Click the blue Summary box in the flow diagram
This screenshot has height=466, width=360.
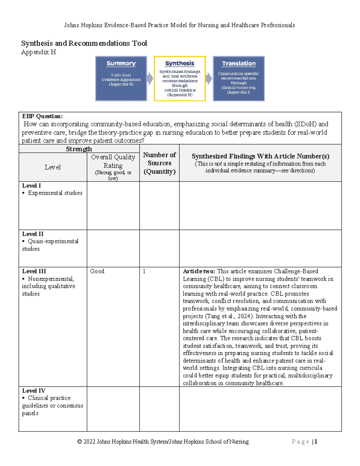pyautogui.click(x=121, y=78)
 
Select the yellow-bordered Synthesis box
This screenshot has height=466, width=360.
pyautogui.click(x=180, y=78)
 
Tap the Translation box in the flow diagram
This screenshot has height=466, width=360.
pyautogui.click(x=238, y=78)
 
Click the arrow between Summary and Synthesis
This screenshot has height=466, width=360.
pyautogui.click(x=150, y=79)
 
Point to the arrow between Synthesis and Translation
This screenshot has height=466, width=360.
pyautogui.click(x=209, y=79)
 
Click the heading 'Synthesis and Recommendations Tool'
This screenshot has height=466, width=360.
pyautogui.click(x=84, y=43)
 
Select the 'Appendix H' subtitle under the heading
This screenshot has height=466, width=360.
pyautogui.click(x=38, y=52)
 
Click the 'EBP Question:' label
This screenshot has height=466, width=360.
pyautogui.click(x=42, y=116)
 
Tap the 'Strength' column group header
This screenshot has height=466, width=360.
pyautogui.click(x=79, y=149)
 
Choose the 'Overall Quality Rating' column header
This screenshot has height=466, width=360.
pyautogui.click(x=113, y=161)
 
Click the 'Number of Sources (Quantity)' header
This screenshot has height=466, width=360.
pyautogui.click(x=159, y=163)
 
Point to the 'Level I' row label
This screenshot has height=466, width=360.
pyautogui.click(x=31, y=186)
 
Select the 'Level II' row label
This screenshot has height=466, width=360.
pyautogui.click(x=33, y=234)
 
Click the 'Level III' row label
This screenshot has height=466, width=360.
pyautogui.click(x=34, y=271)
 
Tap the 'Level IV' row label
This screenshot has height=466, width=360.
pyautogui.click(x=34, y=391)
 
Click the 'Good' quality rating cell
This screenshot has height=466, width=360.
pyautogui.click(x=97, y=271)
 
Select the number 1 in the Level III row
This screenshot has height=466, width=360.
pyautogui.click(x=144, y=271)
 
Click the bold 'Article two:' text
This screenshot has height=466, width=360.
pyautogui.click(x=199, y=271)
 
